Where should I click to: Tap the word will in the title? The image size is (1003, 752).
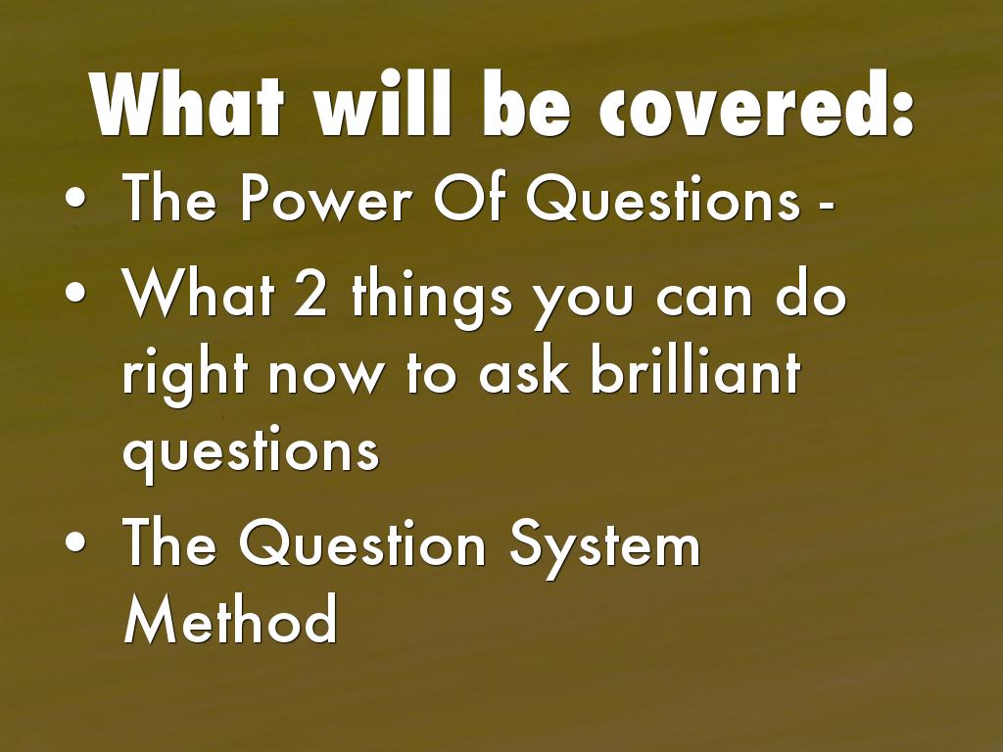383,104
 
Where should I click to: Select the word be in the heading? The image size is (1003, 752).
526,104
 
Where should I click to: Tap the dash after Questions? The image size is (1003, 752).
826,205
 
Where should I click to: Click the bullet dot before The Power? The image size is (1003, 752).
74,199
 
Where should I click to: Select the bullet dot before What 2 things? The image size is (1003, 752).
74,291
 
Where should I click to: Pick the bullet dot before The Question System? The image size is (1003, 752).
74,540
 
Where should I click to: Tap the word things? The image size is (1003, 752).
432,300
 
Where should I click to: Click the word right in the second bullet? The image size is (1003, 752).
184,379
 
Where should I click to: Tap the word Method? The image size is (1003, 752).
230,619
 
